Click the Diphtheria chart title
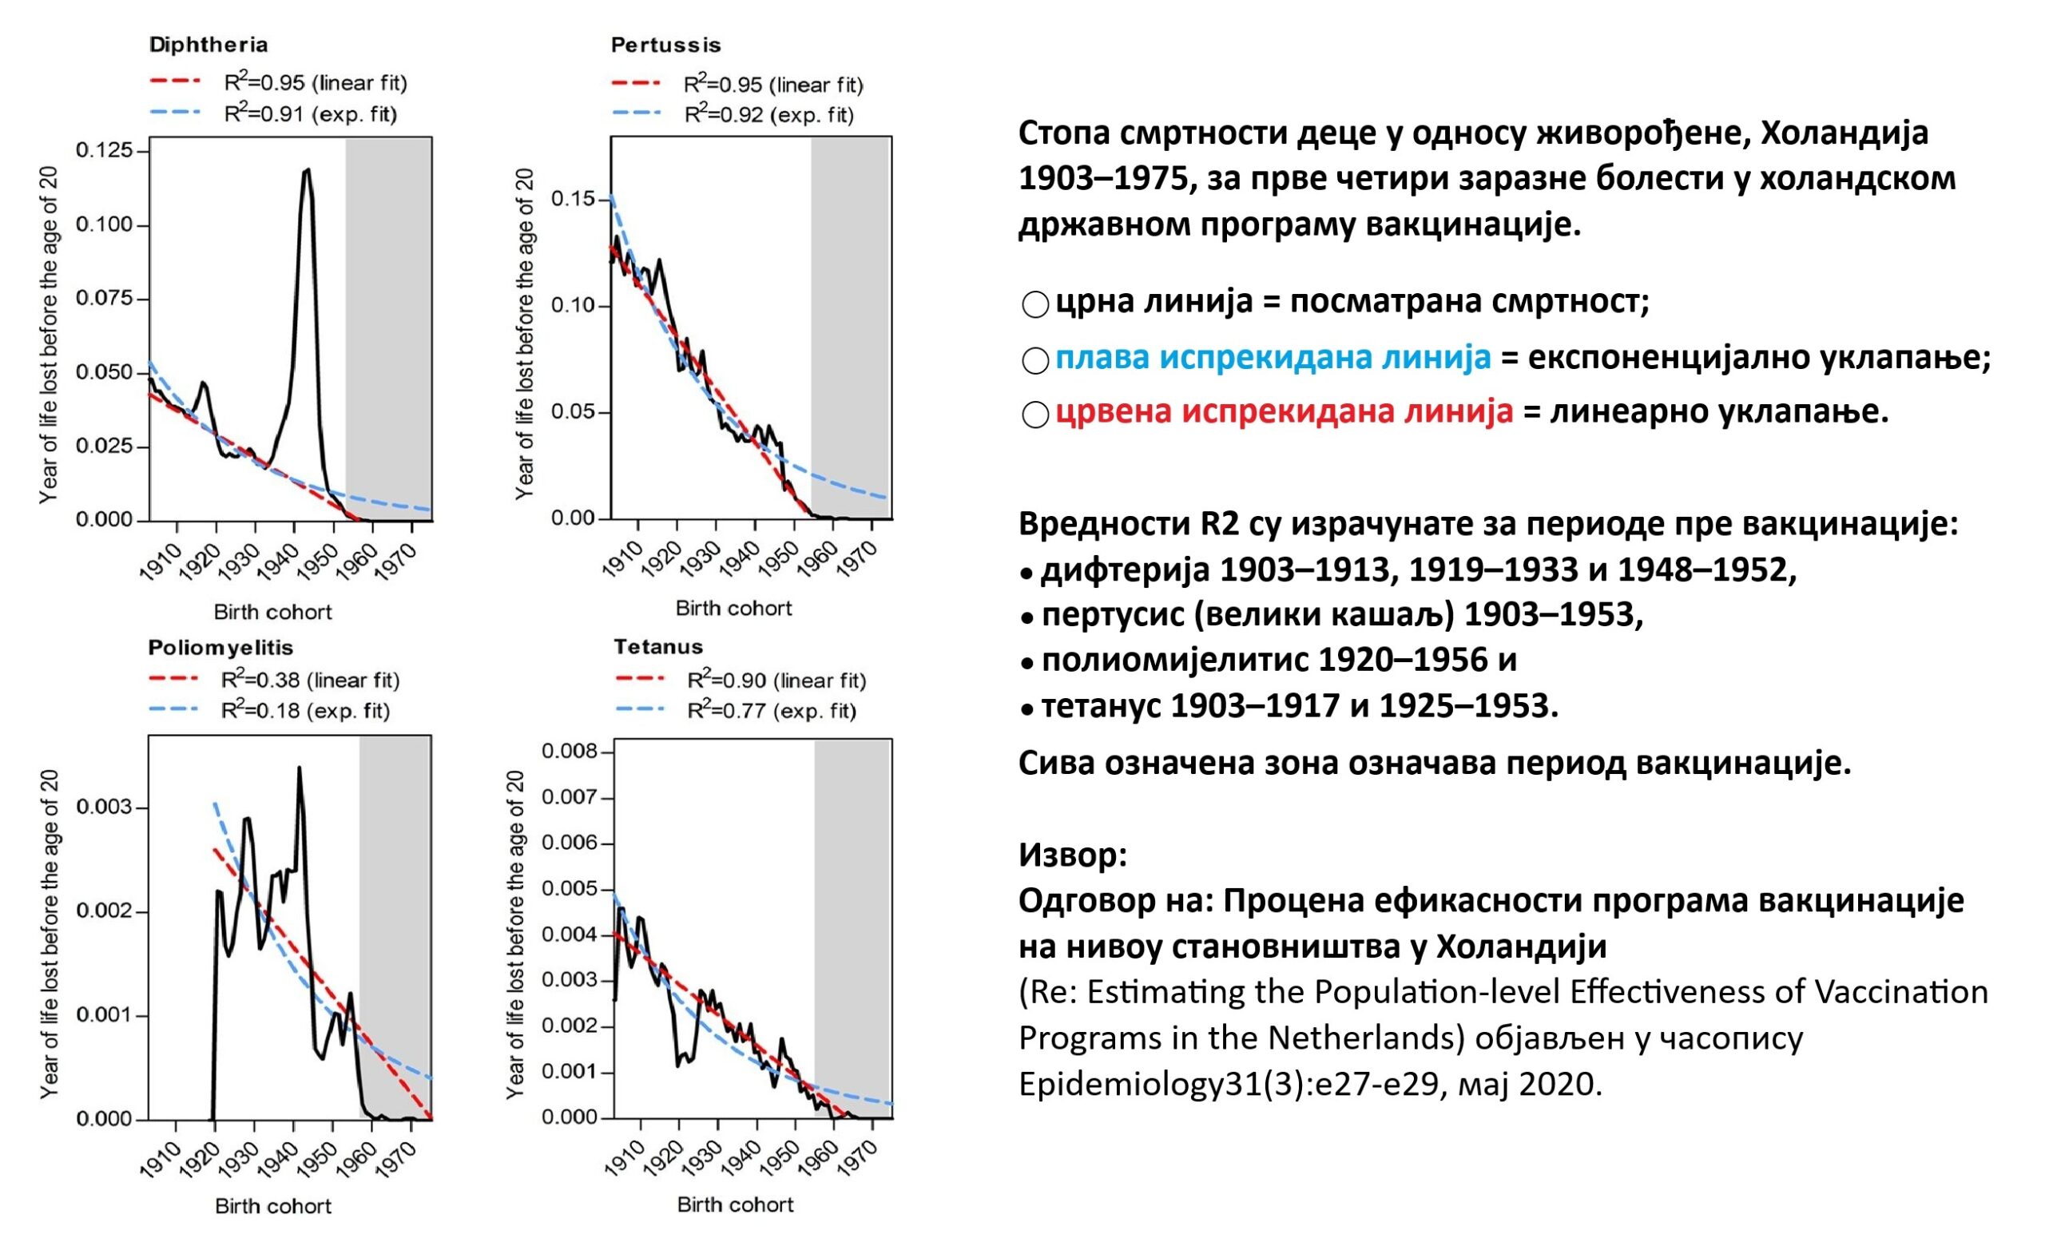click(x=208, y=45)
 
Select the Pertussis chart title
click(x=665, y=45)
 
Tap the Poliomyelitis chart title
click(x=220, y=647)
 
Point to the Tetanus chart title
click(x=658, y=646)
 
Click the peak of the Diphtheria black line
click(x=307, y=170)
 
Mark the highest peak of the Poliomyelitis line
click(x=299, y=768)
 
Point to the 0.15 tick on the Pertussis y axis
click(x=574, y=199)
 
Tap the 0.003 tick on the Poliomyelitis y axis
click(x=104, y=808)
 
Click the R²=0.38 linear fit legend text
click(x=311, y=680)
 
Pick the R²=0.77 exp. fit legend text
click(x=771, y=710)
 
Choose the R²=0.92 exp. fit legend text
click(x=768, y=114)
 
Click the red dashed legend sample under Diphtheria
click(x=175, y=81)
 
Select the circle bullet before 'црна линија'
click(x=1035, y=304)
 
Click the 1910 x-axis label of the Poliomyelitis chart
click(x=161, y=1161)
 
